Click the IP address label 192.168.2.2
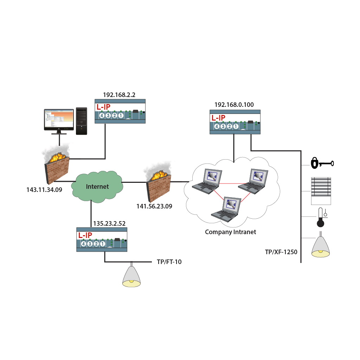tap(119, 95)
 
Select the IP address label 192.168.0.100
tap(234, 105)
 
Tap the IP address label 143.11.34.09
tap(44, 190)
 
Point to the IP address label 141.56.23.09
tap(154, 206)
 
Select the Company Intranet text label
tap(230, 232)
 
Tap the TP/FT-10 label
tap(169, 262)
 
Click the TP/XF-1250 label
tap(281, 252)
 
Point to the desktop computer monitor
tap(59, 120)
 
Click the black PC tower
tap(82, 121)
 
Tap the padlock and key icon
tap(322, 163)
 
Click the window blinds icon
tap(321, 191)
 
